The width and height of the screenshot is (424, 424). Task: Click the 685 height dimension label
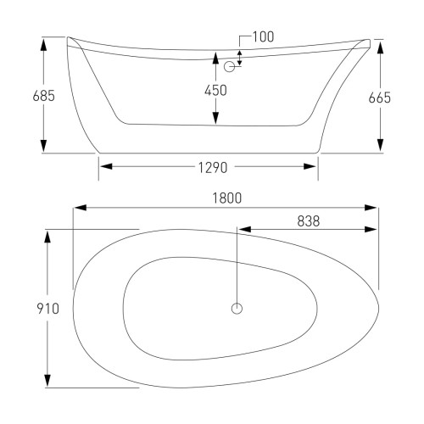43,96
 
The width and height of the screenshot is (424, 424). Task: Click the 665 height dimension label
380,98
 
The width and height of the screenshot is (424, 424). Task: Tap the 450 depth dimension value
215,91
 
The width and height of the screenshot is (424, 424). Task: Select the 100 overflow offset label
263,36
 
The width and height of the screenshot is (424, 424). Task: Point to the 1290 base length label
213,168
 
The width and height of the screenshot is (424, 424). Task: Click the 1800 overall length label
227,198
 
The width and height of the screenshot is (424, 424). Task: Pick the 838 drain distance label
309,221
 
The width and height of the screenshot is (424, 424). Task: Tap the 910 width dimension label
48,309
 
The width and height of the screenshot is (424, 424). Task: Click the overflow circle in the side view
229,67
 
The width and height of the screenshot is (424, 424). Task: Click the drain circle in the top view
237,309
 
